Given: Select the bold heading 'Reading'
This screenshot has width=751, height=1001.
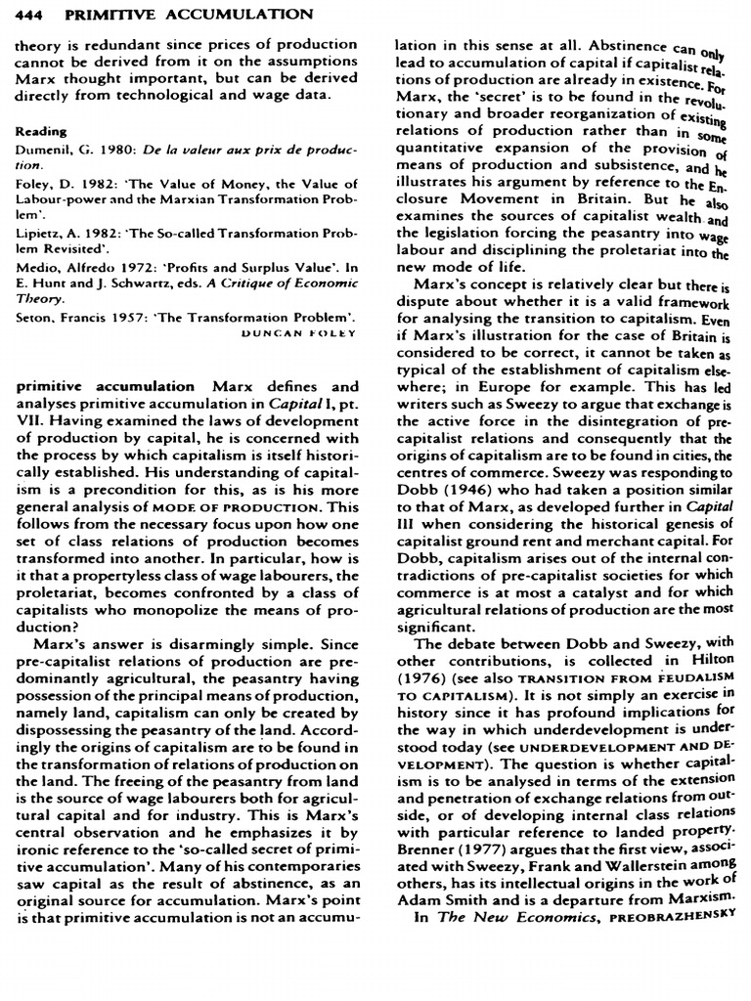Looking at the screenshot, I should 41,130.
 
